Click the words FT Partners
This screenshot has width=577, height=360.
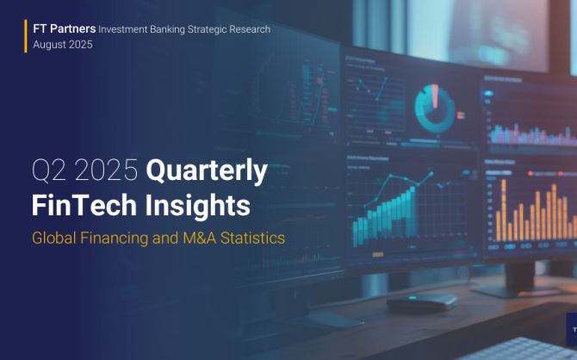(x=65, y=28)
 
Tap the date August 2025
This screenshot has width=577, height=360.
(x=63, y=45)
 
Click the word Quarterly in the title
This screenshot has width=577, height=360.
(x=207, y=171)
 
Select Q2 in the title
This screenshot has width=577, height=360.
(x=51, y=170)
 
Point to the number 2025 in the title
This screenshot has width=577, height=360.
(x=106, y=170)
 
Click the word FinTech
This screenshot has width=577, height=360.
(x=84, y=205)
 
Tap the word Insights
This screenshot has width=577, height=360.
(x=198, y=205)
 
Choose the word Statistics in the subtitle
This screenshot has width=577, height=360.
(x=252, y=238)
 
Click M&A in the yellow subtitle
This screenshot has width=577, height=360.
(x=200, y=238)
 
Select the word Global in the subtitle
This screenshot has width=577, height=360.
(x=54, y=238)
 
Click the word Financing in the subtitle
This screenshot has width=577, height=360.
(x=114, y=239)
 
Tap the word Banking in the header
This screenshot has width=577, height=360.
(x=167, y=29)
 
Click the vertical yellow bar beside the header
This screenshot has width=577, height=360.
(x=26, y=36)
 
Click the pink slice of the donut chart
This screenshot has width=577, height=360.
(x=435, y=96)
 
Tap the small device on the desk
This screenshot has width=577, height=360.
(x=422, y=302)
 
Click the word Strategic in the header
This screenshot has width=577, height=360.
(x=208, y=29)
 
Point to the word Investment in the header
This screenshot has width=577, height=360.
(x=123, y=29)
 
